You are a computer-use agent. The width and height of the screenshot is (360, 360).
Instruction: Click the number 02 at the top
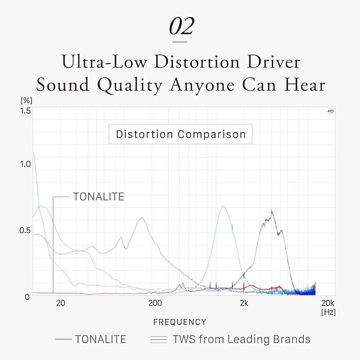tap(182, 26)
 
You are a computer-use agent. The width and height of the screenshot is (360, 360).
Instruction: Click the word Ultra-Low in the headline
tap(104, 62)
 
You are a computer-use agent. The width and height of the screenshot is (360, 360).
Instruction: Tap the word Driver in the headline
tap(274, 62)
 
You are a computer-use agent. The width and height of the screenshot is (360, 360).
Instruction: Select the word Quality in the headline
tap(130, 85)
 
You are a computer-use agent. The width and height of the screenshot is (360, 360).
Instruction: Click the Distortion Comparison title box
tap(180, 134)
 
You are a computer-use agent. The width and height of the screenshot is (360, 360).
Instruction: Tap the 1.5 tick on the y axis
tap(25, 111)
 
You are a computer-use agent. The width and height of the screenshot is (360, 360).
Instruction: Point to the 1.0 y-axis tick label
tap(25, 164)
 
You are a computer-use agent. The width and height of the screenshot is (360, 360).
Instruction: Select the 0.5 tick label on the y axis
tap(25, 231)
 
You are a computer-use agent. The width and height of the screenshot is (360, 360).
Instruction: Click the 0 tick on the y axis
tap(28, 297)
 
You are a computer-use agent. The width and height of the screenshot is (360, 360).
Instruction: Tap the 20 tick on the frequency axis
tap(60, 303)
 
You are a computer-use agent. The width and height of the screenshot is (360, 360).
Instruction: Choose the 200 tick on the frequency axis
tap(155, 303)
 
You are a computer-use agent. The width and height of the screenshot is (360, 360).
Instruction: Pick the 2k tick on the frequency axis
tap(244, 303)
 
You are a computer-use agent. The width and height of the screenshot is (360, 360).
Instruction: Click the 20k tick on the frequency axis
tap(328, 303)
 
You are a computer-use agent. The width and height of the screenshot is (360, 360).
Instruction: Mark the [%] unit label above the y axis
tap(27, 101)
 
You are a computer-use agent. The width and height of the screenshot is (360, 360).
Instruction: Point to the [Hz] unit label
tap(328, 312)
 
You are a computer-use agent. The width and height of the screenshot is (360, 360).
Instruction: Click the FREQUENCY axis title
tap(180, 322)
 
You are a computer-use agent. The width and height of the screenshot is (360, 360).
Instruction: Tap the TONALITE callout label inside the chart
tap(99, 197)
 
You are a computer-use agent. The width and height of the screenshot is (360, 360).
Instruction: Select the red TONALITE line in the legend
tap(64, 339)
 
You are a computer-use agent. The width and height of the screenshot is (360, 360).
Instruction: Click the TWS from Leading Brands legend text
tap(242, 339)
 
